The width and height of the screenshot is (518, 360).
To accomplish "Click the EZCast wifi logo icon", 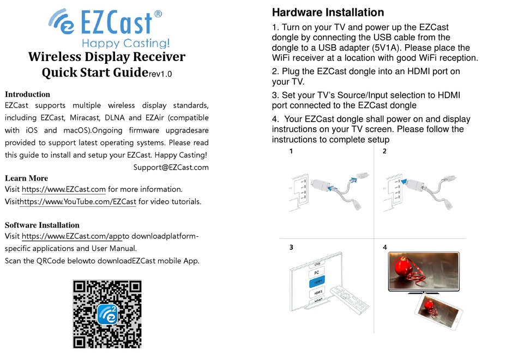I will (61, 22).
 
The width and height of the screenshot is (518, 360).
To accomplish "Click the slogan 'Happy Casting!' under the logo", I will (125, 43).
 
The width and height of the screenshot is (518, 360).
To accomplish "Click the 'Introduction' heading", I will (27, 94).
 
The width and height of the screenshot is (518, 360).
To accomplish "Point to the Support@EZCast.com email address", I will (171, 167).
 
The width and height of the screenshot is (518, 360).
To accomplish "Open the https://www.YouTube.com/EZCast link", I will (78, 202).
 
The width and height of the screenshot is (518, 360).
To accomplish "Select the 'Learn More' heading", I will (26, 178).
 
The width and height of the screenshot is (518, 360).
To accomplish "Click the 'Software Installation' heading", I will (42, 225).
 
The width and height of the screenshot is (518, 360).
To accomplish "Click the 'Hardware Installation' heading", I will (328, 12).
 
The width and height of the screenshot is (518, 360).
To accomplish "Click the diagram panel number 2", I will (384, 151).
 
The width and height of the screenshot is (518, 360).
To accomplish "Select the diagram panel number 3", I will (292, 247).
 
